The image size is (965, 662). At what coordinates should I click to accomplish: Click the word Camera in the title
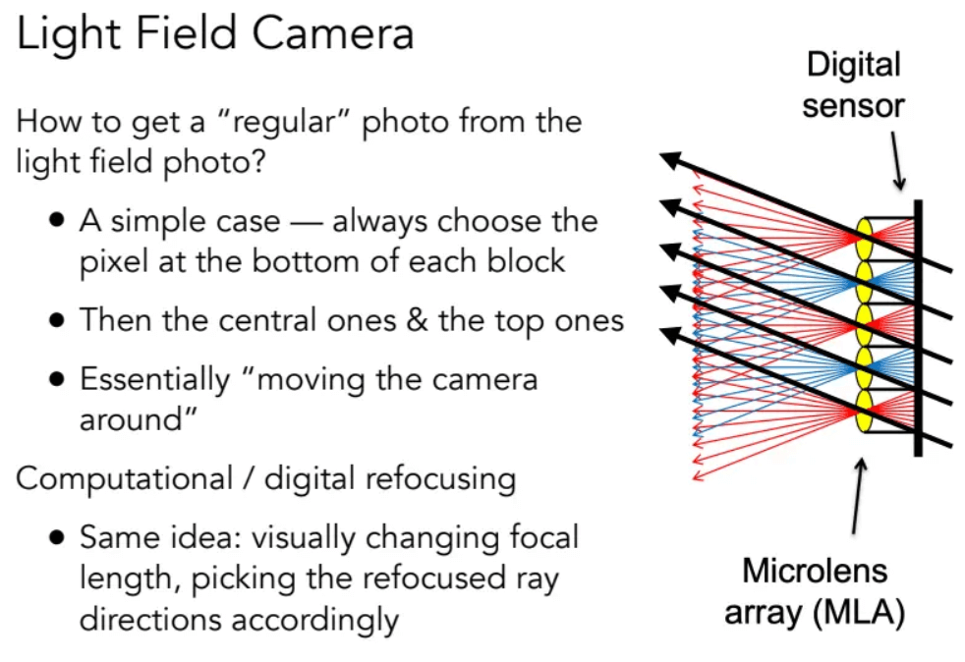point(333,33)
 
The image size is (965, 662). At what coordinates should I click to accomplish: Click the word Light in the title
point(68,34)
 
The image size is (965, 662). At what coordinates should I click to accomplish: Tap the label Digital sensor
point(853,84)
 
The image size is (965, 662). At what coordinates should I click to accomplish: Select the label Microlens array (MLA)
point(815,591)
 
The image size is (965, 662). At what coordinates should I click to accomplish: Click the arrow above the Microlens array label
point(859,496)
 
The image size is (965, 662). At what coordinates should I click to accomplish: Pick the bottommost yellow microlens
point(864,411)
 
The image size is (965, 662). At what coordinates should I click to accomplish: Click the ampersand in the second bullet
point(418,320)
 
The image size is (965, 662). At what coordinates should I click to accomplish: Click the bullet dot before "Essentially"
point(57,379)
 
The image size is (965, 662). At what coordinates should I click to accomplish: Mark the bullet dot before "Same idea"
point(57,537)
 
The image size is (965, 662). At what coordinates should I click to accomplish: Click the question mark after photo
point(257,162)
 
